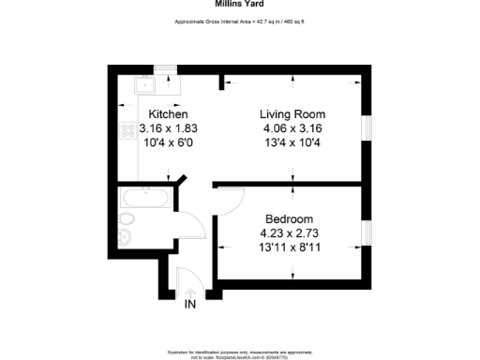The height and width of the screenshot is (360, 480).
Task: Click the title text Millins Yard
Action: pyautogui.click(x=239, y=4)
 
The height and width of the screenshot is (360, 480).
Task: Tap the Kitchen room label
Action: pyautogui.click(x=156, y=114)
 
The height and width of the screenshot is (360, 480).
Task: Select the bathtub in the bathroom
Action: pyautogui.click(x=145, y=198)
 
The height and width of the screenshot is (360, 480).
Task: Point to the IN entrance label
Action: pyautogui.click(x=190, y=304)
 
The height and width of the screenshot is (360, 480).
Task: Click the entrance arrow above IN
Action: pyautogui.click(x=190, y=289)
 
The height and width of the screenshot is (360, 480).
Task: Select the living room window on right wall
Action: pyautogui.click(x=367, y=126)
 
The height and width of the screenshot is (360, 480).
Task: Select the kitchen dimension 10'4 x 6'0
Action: pyautogui.click(x=156, y=142)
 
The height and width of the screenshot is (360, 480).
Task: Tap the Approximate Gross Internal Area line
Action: pyautogui.click(x=239, y=21)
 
